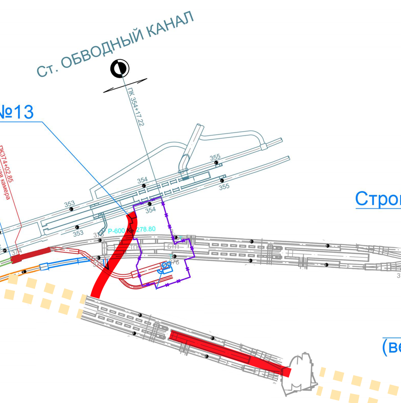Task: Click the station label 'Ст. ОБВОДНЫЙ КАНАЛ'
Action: [114, 44]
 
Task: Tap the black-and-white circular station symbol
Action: [120, 69]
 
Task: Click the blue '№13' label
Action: [17, 112]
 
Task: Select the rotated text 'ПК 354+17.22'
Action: [136, 106]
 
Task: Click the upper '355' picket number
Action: [215, 158]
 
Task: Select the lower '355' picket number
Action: [224, 187]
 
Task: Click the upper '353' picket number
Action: [69, 204]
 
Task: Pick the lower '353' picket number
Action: [78, 233]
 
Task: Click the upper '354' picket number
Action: [143, 180]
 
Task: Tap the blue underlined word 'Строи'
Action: [378, 198]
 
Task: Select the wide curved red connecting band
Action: [113, 257]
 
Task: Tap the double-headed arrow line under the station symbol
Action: [125, 85]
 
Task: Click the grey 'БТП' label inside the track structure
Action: [172, 246]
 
